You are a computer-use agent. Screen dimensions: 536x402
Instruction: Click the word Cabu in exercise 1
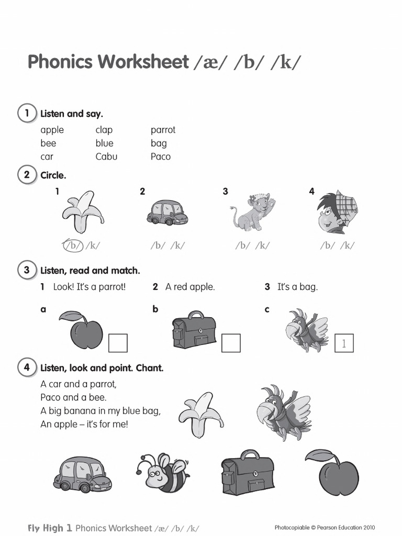[106, 157]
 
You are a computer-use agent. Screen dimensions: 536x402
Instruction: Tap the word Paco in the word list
[161, 157]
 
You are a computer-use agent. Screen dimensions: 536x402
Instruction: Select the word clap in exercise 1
[104, 130]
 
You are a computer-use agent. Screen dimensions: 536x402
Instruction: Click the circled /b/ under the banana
[74, 244]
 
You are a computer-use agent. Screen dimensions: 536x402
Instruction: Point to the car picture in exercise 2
[167, 212]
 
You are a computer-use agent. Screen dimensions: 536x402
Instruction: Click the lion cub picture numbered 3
[253, 212]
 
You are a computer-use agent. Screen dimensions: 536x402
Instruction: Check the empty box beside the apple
[118, 343]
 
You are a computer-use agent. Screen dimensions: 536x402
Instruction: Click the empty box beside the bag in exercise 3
[231, 343]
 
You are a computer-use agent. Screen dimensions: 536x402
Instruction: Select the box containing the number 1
[344, 343]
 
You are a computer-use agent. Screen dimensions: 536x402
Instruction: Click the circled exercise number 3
[27, 270]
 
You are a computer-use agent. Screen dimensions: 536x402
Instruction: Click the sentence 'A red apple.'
[190, 287]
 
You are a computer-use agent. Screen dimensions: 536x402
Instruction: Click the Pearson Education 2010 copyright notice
[325, 528]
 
